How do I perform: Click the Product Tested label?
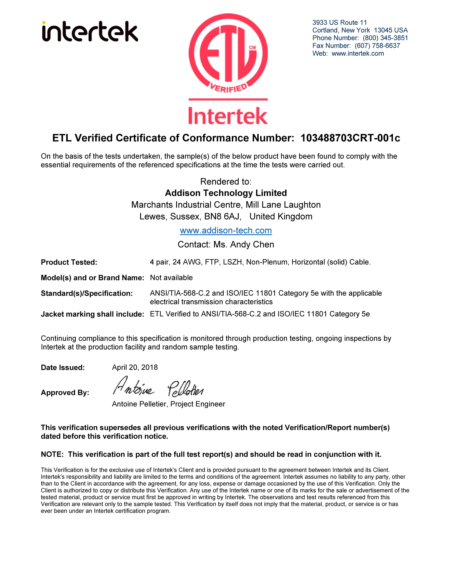[x=69, y=262]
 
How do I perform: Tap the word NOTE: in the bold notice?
[x=52, y=454]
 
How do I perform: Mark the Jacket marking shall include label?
[x=92, y=314]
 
